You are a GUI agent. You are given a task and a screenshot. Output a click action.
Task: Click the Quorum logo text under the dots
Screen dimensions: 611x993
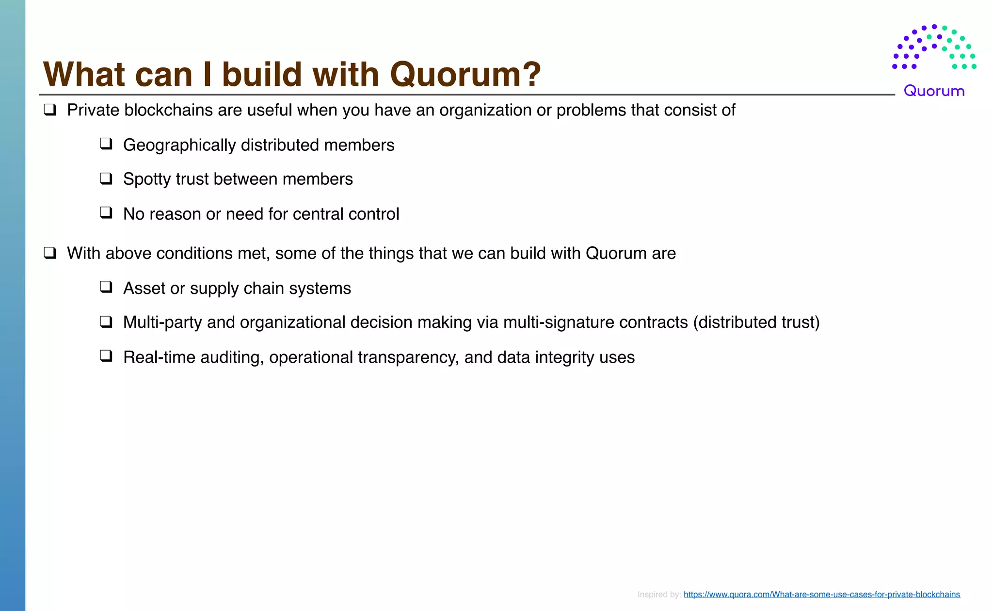934,91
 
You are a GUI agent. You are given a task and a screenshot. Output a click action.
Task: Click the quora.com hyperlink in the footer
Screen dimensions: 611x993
821,595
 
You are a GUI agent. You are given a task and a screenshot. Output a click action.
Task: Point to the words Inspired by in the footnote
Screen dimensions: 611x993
658,595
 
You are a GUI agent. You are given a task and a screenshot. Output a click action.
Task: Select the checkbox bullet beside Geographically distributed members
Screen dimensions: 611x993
106,144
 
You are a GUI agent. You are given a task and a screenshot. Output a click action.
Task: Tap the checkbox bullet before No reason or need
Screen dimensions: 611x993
106,213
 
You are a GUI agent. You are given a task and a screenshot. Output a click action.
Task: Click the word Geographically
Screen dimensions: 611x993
179,145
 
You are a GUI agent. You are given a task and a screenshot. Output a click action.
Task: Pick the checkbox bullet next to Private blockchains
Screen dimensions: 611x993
50,110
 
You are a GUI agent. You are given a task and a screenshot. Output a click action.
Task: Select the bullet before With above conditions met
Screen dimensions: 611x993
50,253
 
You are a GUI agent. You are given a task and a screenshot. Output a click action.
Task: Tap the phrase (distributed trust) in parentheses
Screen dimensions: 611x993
756,322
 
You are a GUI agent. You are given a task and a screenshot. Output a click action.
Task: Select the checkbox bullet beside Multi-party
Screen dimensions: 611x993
106,322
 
